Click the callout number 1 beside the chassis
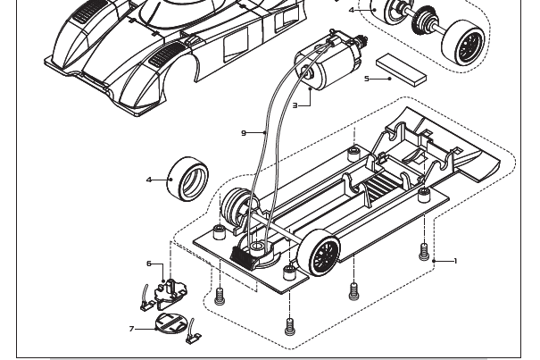tap(455, 261)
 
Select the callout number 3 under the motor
tap(294, 105)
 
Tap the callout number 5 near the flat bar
tap(366, 79)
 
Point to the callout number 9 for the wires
tap(244, 133)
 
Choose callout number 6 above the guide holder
tap(149, 264)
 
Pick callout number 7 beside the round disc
tap(132, 329)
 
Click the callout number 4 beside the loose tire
tap(149, 180)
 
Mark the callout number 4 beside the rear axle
tap(352, 10)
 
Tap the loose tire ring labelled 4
tap(189, 178)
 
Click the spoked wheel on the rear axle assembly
tap(465, 42)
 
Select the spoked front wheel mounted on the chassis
tap(323, 255)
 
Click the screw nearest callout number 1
tap(424, 253)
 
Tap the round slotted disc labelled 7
tap(171, 322)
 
